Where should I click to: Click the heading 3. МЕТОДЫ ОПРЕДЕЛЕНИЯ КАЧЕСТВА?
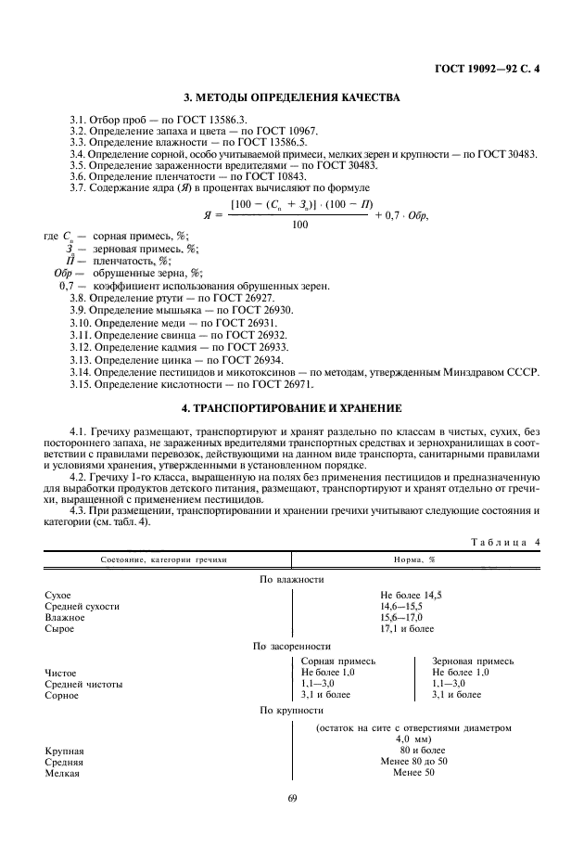(x=291, y=98)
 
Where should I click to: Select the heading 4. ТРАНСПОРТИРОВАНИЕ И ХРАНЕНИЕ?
(x=291, y=407)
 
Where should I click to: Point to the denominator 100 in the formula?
(x=299, y=225)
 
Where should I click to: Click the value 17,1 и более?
(x=406, y=628)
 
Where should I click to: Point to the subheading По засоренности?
(x=291, y=645)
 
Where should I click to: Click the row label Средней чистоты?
(x=83, y=683)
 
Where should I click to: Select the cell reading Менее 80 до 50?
(x=413, y=761)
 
